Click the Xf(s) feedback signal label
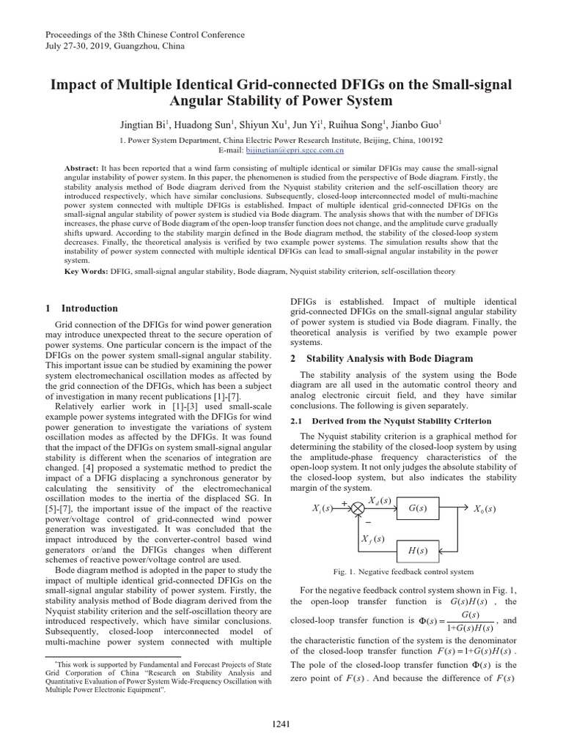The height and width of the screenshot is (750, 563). [x=373, y=540]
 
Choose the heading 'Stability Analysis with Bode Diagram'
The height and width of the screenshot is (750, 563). [x=389, y=358]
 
